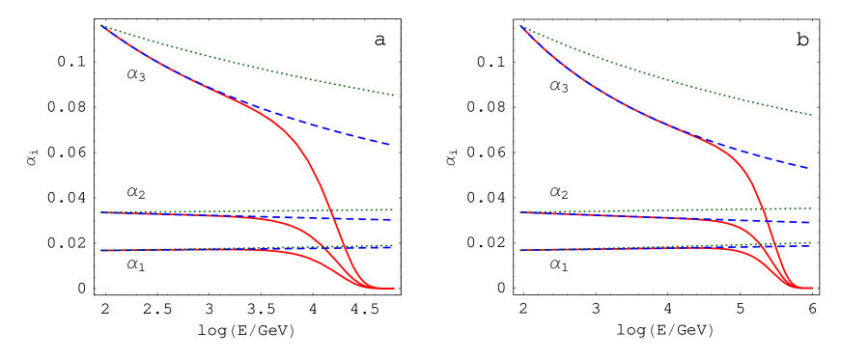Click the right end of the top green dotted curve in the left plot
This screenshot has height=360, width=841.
tap(393, 95)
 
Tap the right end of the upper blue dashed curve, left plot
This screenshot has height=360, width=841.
tap(390, 145)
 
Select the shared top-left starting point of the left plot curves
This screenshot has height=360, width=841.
tap(101, 25)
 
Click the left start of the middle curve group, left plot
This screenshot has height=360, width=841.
tap(101, 212)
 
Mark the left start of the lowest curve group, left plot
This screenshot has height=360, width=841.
tap(101, 250)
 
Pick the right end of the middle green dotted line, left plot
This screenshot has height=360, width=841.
tap(393, 209)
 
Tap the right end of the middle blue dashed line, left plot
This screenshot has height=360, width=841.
tap(391, 220)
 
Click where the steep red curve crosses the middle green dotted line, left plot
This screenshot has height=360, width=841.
tap(329, 210)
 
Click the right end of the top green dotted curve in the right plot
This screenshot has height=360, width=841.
tap(811, 115)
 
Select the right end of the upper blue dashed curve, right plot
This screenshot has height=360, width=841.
tap(809, 168)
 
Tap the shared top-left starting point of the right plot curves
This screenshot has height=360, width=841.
tap(520, 25)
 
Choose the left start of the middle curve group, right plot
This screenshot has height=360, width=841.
tap(520, 212)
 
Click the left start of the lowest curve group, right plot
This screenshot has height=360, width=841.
tap(520, 250)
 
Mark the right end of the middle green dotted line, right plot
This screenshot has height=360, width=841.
tap(811, 208)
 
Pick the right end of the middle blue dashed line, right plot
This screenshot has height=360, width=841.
tap(809, 223)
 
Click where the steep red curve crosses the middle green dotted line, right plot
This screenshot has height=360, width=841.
tap(761, 209)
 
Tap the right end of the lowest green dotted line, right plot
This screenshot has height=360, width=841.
tap(811, 242)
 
